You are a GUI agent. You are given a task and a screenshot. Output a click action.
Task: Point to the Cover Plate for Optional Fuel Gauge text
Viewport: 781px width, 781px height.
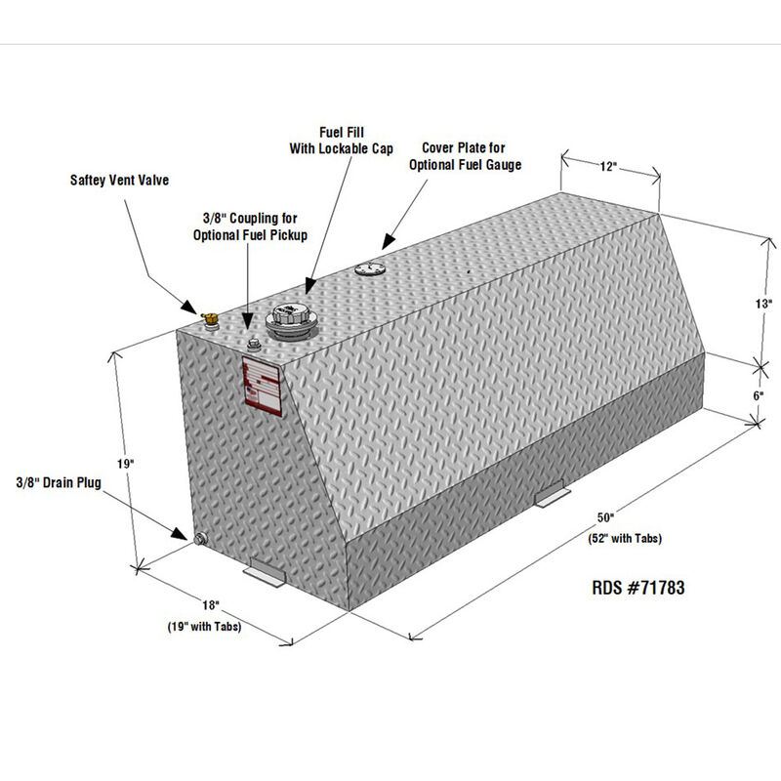click(472, 156)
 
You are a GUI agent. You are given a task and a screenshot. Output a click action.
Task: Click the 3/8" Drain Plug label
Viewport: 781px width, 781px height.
click(58, 482)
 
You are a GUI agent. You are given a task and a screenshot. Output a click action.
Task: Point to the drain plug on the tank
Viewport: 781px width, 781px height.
click(200, 539)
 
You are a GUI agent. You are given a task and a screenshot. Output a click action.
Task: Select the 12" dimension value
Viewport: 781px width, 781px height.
click(609, 167)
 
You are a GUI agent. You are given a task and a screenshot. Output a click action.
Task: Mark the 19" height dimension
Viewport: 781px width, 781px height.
click(123, 465)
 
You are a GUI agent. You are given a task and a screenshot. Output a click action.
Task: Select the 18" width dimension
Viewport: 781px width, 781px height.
click(211, 607)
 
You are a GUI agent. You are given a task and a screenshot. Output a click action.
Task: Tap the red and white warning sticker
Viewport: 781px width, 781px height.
click(264, 386)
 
